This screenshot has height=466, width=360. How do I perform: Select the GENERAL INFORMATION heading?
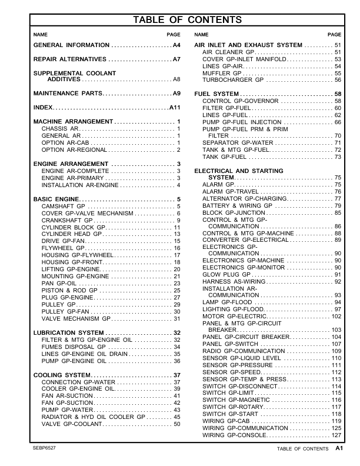pos(71,45)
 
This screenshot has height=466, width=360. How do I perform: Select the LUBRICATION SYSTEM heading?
pos(68,333)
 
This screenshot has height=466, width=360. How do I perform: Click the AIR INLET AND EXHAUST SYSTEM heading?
pos(248,45)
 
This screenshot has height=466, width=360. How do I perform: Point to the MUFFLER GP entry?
pos(223,73)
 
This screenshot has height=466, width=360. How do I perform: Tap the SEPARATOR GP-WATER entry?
pos(238,143)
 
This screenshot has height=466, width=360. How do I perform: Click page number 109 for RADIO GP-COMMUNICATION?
pos(336,351)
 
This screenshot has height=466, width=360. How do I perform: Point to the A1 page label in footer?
pos(339,449)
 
